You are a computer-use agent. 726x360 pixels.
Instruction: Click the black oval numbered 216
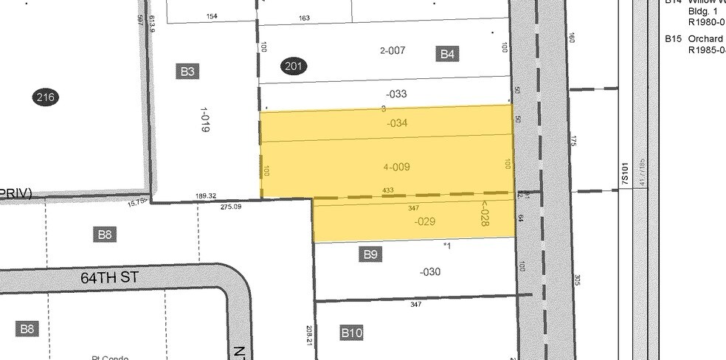(x=46, y=97)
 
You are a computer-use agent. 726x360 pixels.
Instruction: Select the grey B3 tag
(x=187, y=72)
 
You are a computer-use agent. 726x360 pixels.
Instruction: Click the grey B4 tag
(x=448, y=53)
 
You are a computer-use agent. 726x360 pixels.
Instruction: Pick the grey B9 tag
(x=370, y=255)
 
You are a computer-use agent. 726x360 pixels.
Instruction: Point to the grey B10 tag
(x=352, y=333)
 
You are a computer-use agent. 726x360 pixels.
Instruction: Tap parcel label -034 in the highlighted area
(x=397, y=123)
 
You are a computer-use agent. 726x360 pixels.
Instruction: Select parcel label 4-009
(x=397, y=167)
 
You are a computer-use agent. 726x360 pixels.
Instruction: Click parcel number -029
(x=424, y=221)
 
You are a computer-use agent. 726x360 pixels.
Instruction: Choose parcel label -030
(x=430, y=272)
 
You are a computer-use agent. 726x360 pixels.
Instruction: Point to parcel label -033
(x=396, y=94)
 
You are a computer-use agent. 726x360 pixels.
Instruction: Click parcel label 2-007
(x=393, y=51)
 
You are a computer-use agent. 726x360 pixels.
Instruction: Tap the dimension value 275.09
(x=231, y=207)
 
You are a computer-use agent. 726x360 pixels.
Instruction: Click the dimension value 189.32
(x=206, y=195)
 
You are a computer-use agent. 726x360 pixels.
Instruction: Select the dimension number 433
(x=388, y=190)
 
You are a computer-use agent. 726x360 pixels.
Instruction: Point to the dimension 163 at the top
(x=304, y=18)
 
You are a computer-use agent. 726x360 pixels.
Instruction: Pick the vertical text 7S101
(x=624, y=174)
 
